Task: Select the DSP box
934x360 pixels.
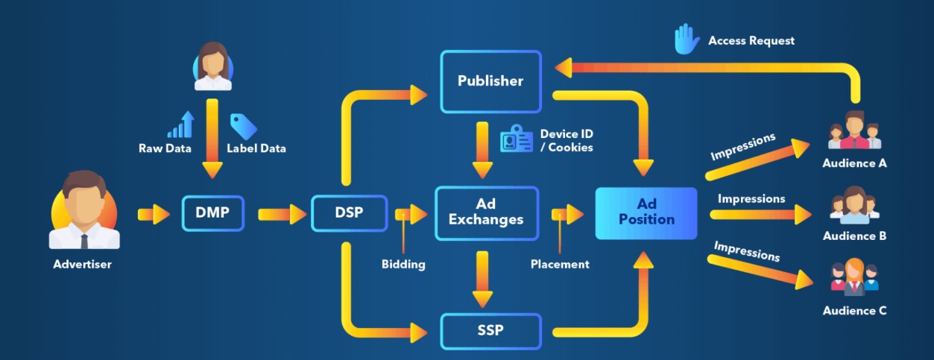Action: point(349,214)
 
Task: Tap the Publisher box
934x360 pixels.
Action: point(490,81)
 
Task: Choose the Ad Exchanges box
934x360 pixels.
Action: point(486,212)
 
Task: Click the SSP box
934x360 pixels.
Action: point(490,330)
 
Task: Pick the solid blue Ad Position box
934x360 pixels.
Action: point(646,212)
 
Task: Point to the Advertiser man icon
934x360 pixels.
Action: point(84,211)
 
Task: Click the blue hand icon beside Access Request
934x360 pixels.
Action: point(686,40)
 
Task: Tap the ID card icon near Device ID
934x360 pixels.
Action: point(516,139)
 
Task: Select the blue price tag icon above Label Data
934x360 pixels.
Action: point(243,126)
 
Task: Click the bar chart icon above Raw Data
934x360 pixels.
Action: point(180,125)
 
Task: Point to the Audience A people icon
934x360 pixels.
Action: point(855,130)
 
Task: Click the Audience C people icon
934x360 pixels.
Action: point(854,278)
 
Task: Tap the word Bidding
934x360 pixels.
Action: point(403,265)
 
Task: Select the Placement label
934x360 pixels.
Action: point(560,265)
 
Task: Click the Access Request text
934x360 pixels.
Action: point(751,41)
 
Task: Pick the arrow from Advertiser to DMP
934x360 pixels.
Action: point(154,215)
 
